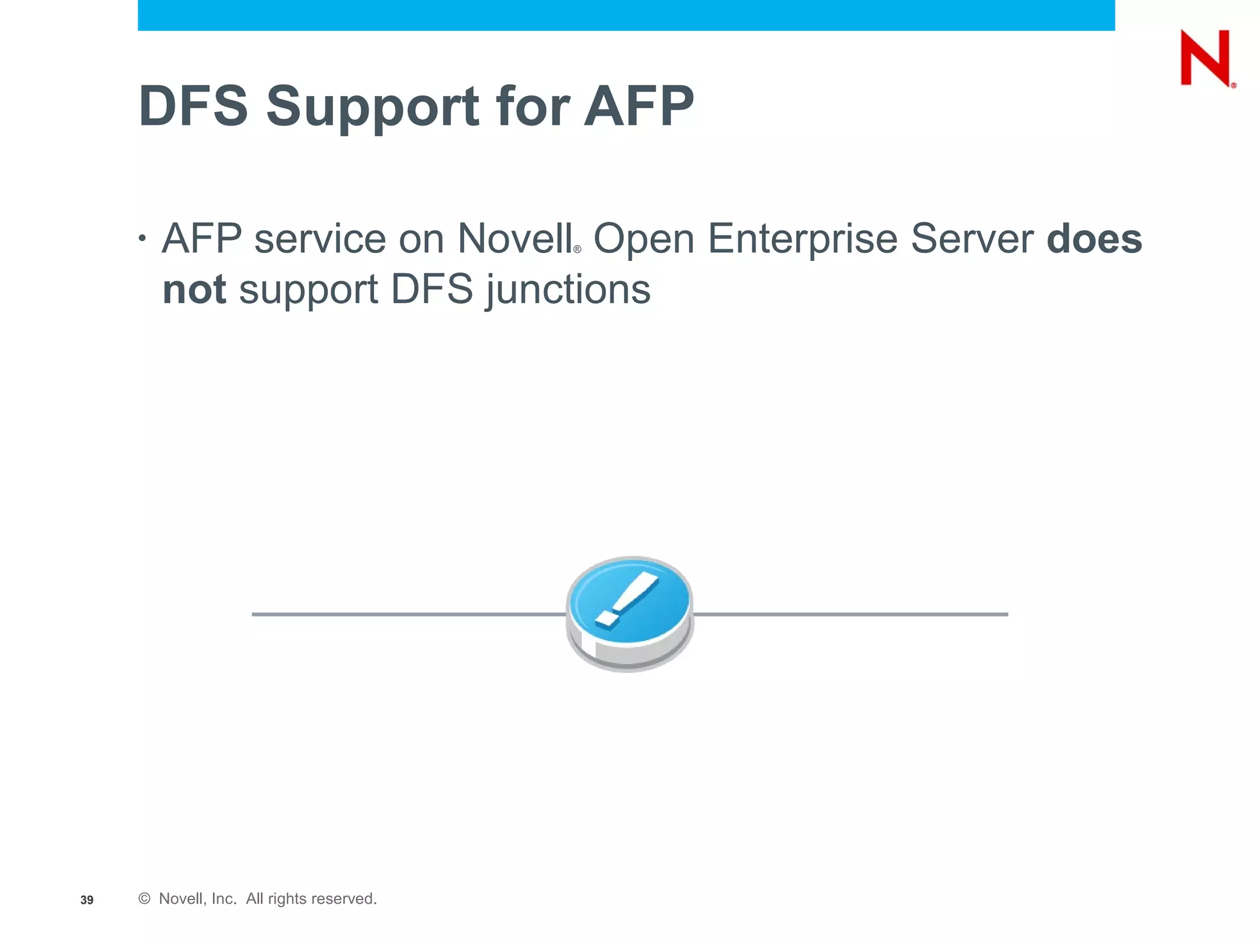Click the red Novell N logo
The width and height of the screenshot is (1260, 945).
coord(1205,58)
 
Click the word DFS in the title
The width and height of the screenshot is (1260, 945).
coord(193,106)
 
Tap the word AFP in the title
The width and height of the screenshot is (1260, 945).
coord(639,106)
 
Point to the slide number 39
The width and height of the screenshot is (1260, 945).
coord(87,900)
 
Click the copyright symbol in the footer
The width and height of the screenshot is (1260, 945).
coord(145,899)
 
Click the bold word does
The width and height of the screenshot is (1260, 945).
coord(1094,239)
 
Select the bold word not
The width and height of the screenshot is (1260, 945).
coord(194,289)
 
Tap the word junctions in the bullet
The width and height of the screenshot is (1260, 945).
coord(568,290)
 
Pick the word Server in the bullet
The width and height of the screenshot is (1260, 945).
coord(971,239)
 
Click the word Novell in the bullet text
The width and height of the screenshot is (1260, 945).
coord(514,239)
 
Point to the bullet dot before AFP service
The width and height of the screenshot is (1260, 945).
coord(143,238)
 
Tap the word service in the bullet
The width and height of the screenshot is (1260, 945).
coord(319,239)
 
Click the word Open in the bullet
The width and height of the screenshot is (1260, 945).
coord(644,240)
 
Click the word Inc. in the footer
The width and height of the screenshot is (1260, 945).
coord(224,899)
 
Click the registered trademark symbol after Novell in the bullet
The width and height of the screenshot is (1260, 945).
coord(577,250)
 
